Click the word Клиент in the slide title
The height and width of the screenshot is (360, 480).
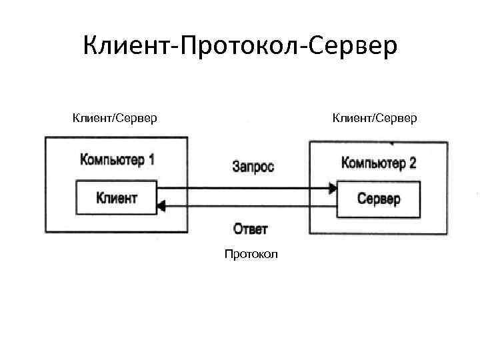coord(127,46)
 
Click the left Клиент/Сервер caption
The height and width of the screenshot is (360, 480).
coord(115,119)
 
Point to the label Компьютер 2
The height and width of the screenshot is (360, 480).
coord(378,163)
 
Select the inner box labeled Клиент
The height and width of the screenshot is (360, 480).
coord(117,197)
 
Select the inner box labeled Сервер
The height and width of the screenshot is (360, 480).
coord(379,199)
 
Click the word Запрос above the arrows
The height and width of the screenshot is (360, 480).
coord(253,166)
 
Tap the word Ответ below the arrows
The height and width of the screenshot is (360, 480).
coord(251,229)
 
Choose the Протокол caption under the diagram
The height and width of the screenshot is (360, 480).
coord(251,254)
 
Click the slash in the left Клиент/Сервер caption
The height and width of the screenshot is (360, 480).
coord(113,119)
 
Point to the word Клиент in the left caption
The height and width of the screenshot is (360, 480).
coord(93,119)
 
